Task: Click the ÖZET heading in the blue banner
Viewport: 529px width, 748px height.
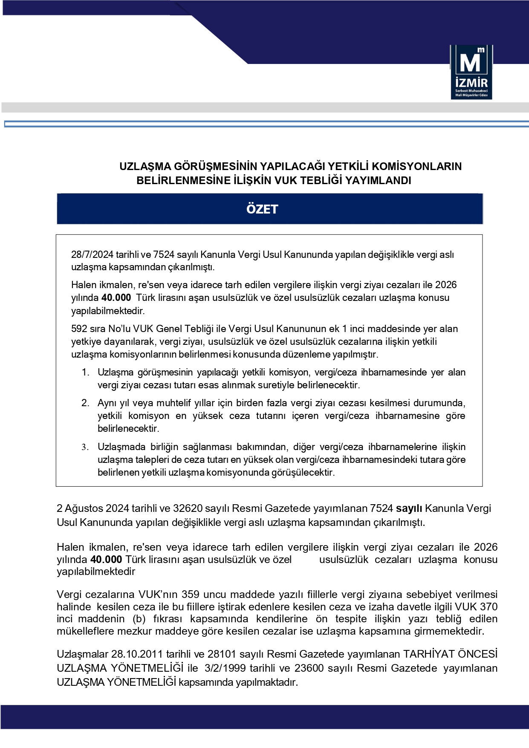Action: coord(262,209)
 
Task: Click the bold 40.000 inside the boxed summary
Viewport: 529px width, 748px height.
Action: coord(116,298)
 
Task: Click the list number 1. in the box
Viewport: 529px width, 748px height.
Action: coord(86,373)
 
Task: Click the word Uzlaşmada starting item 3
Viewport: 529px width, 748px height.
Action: coord(121,447)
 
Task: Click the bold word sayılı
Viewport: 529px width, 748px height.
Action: coord(409,508)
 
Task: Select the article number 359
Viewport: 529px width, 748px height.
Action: coord(191,595)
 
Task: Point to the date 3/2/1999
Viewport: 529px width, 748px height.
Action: coord(224,668)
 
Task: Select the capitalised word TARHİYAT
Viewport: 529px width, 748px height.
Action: coord(431,654)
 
